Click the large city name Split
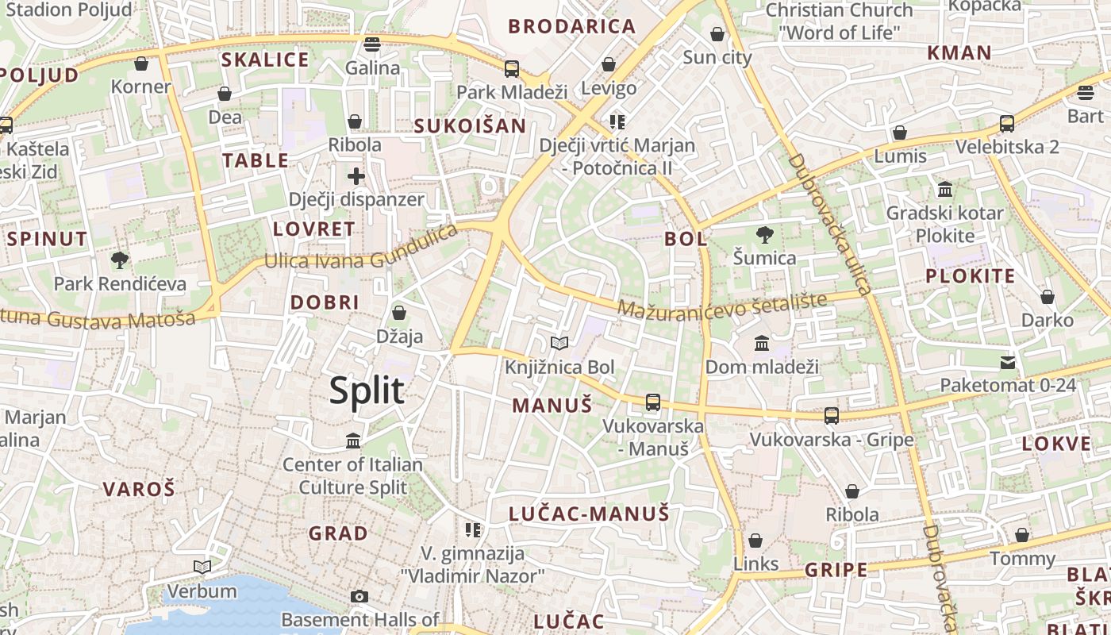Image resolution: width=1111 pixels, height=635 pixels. [x=367, y=391]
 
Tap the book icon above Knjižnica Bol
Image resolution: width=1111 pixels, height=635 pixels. [x=559, y=343]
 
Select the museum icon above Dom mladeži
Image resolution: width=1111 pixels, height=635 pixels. [x=762, y=343]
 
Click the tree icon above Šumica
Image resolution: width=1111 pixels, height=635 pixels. [x=764, y=234]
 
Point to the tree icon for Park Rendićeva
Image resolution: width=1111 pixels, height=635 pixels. [x=120, y=260]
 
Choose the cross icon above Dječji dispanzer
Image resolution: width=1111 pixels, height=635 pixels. [x=356, y=175]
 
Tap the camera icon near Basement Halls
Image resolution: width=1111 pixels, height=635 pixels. [x=359, y=596]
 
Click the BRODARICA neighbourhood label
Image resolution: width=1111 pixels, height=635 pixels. [x=572, y=26]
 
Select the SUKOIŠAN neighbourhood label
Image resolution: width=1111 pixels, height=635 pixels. [x=470, y=125]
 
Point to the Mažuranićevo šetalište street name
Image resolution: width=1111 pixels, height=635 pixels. [x=722, y=306]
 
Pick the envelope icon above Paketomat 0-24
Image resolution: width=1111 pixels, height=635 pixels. [x=1007, y=363]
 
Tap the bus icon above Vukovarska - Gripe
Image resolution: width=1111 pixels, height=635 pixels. [x=831, y=415]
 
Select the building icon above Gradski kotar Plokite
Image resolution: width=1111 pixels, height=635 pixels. [x=945, y=190]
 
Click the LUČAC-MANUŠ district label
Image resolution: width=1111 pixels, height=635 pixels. [x=589, y=514]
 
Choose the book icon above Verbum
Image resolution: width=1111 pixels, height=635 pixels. [x=202, y=567]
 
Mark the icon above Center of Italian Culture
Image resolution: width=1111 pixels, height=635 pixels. [x=353, y=441]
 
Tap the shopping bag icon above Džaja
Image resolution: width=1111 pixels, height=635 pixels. [x=399, y=313]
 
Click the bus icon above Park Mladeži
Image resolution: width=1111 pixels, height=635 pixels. [x=512, y=68]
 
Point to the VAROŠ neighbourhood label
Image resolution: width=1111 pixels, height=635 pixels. [x=139, y=489]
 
